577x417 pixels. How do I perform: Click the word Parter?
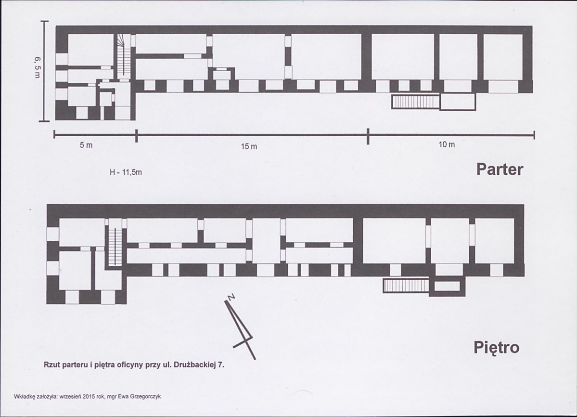click(500, 169)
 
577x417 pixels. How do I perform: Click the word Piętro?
click(497, 348)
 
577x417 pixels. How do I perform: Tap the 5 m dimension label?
click(86, 145)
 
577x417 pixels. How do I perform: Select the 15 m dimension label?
click(249, 146)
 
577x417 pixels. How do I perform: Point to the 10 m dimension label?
click(447, 144)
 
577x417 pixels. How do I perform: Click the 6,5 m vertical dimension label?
click(38, 67)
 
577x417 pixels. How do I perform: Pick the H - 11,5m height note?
click(126, 172)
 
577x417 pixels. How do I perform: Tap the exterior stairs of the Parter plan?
click(415, 102)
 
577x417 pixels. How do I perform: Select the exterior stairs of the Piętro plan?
click(406, 286)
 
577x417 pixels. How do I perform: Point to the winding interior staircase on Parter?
click(124, 55)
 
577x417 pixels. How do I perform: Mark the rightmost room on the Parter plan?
click(503, 57)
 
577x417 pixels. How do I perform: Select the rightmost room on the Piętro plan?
click(494, 241)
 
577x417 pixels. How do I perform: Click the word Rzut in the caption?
click(51, 365)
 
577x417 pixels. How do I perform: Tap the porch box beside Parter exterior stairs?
click(458, 102)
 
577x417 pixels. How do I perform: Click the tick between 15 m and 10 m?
click(368, 136)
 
